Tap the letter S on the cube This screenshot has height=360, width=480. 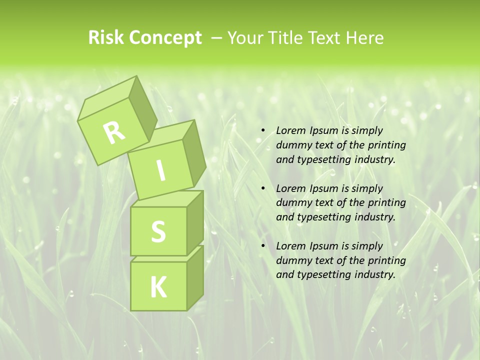pyautogui.click(x=158, y=231)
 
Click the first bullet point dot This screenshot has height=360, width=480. pyautogui.click(x=263, y=131)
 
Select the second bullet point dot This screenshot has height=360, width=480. pyautogui.click(x=263, y=189)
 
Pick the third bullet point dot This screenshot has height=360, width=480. pyautogui.click(x=263, y=246)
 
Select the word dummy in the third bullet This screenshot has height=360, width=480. pyautogui.click(x=292, y=260)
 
